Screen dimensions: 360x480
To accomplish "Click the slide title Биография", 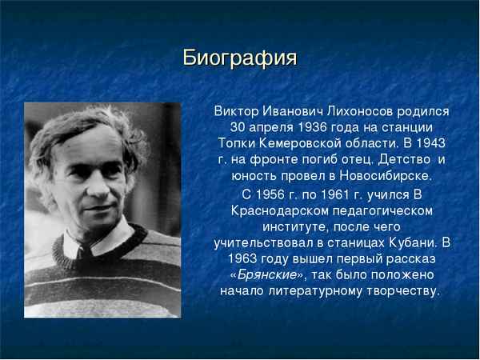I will tap(240, 58).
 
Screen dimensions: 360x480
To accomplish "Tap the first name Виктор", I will tap(237, 111).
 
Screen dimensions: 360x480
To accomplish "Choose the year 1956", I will tap(274, 194).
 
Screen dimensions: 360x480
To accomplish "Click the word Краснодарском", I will tap(280, 210).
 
